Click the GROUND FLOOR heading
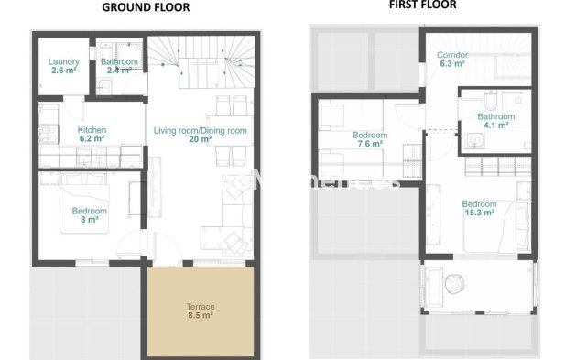coord(146,6)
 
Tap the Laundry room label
coord(63,61)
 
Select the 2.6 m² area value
coord(63,70)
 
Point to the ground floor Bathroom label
coord(119,61)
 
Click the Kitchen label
coord(92,130)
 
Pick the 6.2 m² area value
coord(92,139)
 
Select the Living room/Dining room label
coord(201,131)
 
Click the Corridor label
coord(453,56)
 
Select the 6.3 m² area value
coord(453,65)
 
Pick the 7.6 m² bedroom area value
coord(370,144)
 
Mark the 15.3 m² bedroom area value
coord(479,212)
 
